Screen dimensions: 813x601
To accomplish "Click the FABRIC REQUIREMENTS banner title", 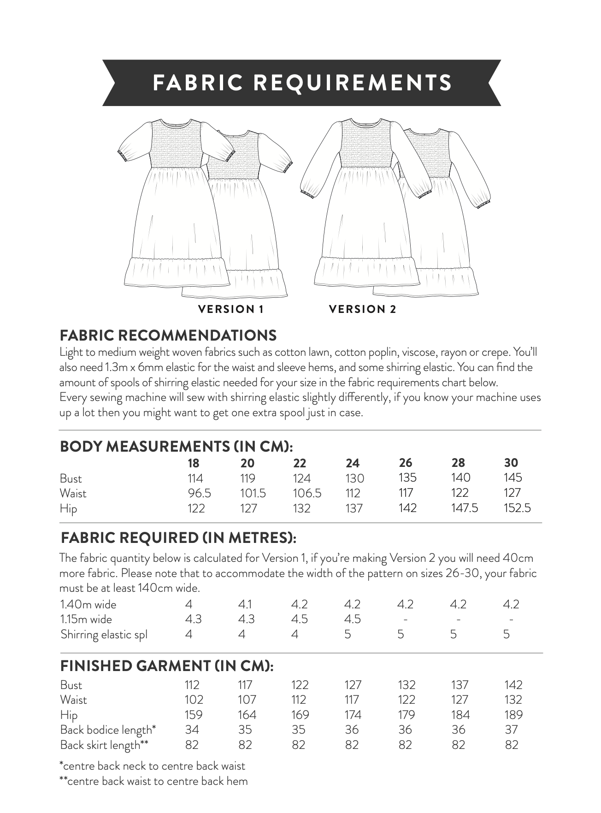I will click(302, 83).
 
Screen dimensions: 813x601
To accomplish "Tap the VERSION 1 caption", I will click(230, 309).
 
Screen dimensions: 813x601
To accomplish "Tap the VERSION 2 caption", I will click(362, 309).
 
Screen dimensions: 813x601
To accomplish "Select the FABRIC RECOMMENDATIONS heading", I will click(168, 335).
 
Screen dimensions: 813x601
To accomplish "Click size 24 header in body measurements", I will click(352, 463).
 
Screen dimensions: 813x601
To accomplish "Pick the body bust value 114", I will click(195, 478).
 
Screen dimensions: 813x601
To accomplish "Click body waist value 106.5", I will click(307, 493).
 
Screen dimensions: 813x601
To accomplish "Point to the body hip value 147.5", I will click(464, 508).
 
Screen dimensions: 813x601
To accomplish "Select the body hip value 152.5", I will click(518, 508).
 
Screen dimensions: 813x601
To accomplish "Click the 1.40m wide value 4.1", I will click(245, 604).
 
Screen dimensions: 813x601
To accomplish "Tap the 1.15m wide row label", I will click(86, 619).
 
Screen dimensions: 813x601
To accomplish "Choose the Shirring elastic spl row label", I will click(104, 635).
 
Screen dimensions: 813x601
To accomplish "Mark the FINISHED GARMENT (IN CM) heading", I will click(167, 666).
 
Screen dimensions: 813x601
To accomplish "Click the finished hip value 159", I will click(194, 715).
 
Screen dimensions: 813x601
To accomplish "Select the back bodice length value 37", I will click(511, 730).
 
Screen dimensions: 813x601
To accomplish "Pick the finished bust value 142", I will click(513, 685).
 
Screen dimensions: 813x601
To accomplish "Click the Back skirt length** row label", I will click(104, 745).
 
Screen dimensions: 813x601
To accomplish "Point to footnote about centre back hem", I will click(153, 781).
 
